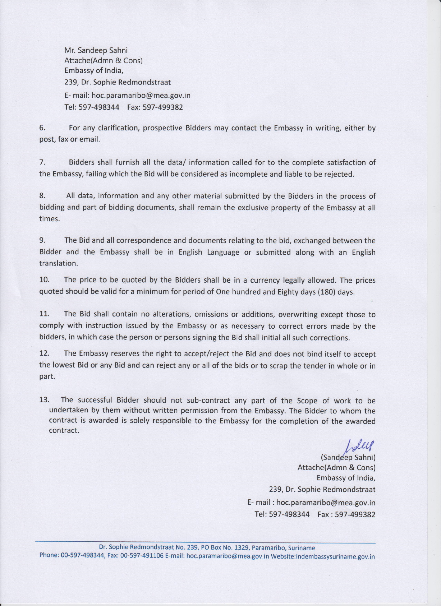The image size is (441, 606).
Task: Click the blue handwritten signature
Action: click(360, 446)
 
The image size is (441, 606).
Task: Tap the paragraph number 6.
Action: click(42, 128)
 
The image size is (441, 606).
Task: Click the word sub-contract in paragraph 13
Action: click(208, 401)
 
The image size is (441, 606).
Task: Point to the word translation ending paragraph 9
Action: click(58, 263)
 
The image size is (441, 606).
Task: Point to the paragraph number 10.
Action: click(44, 280)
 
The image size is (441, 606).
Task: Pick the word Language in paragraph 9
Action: click(223, 252)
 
